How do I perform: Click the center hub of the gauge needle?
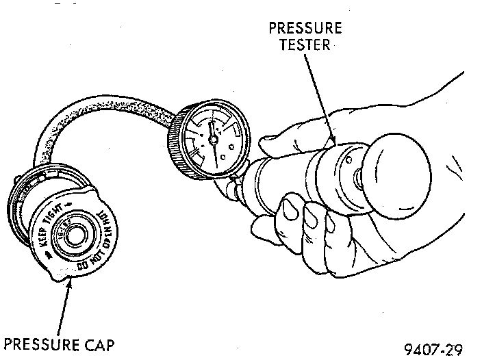[213, 139]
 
